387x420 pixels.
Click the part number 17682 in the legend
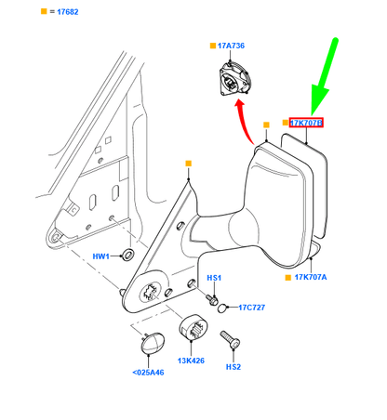pyautogui.click(x=68, y=12)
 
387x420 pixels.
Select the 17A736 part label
pyautogui.click(x=231, y=46)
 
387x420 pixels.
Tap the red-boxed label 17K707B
pyautogui.click(x=306, y=123)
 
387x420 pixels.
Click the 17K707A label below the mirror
pyautogui.click(x=311, y=277)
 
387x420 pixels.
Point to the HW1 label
pyautogui.click(x=100, y=256)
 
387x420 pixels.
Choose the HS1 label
pyautogui.click(x=214, y=278)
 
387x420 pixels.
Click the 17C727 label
pyautogui.click(x=251, y=308)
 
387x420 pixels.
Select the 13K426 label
pyautogui.click(x=191, y=361)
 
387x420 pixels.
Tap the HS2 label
pyautogui.click(x=234, y=367)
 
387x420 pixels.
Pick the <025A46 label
pyautogui.click(x=148, y=373)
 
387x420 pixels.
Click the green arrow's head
pyautogui.click(x=319, y=99)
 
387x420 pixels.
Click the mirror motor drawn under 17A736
pyautogui.click(x=234, y=79)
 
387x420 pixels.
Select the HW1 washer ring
pyautogui.click(x=127, y=254)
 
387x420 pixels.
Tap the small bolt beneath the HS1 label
pyautogui.click(x=212, y=299)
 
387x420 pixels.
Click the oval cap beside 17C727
pyautogui.click(x=222, y=308)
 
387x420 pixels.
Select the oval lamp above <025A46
pyautogui.click(x=153, y=343)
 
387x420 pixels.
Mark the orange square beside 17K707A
pyautogui.click(x=288, y=278)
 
